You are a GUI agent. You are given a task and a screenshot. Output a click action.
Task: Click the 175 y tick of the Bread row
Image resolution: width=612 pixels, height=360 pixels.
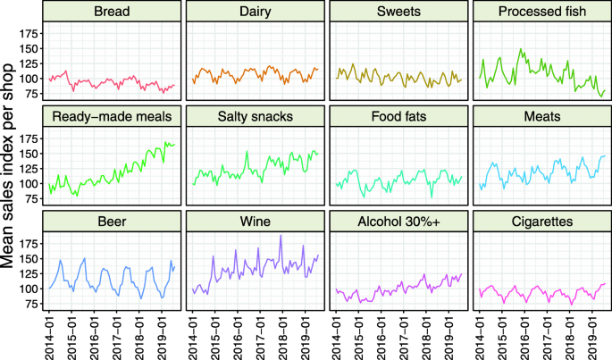[x=29, y=33]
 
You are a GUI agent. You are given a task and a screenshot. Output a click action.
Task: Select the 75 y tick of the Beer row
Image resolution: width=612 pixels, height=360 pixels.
[x=32, y=305]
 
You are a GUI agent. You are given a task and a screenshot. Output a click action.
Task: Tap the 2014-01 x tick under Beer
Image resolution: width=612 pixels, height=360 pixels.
[x=51, y=336]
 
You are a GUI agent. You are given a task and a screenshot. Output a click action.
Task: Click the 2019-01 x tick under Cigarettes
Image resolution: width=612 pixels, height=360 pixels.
[x=593, y=336]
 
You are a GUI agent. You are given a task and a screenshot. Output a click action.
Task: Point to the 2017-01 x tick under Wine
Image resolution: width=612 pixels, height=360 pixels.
[x=260, y=336]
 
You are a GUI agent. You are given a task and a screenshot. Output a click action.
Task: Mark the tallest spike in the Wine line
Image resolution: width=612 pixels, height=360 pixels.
[x=281, y=236]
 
